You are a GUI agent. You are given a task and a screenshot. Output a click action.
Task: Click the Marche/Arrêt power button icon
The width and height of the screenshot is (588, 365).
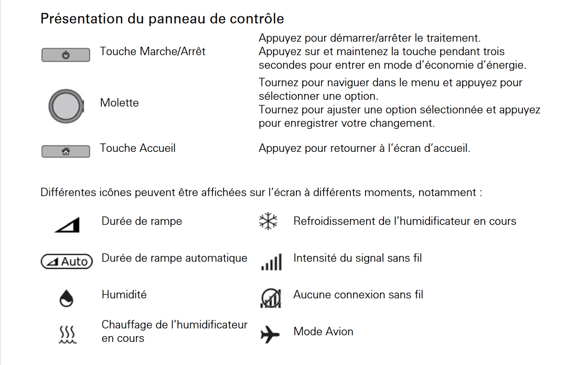66,55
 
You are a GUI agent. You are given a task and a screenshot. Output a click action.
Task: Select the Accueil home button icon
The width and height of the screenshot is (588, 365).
66,152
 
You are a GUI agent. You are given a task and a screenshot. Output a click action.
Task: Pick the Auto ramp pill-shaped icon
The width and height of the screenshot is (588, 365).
67,261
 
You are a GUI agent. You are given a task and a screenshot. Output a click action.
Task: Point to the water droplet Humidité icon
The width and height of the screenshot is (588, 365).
67,298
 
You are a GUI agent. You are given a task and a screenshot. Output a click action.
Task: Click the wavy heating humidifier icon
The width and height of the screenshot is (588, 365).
67,334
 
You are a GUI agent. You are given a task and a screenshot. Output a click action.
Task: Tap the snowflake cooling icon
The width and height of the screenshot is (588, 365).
269,222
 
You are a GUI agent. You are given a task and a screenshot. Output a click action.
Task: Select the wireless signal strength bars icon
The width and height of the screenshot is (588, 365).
271,262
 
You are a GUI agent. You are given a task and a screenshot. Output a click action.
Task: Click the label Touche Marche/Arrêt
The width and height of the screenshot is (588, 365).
153,51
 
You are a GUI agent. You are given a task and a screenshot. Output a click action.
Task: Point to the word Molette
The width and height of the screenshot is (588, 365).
120,103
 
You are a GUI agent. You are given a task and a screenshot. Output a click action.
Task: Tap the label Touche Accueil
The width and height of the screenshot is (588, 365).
138,148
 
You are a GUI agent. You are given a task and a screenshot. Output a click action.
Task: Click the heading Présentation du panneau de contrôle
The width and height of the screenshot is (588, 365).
162,19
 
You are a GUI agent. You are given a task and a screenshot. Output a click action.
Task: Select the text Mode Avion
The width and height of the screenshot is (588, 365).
323,331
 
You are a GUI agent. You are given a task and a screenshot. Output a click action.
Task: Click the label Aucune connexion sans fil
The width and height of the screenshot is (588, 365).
358,295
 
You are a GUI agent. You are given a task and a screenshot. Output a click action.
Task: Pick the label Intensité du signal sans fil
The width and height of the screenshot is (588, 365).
357,258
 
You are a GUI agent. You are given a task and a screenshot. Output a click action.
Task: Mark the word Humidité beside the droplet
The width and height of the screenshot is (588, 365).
124,295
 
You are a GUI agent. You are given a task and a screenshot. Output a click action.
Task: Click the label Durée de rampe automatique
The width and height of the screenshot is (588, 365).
174,258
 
